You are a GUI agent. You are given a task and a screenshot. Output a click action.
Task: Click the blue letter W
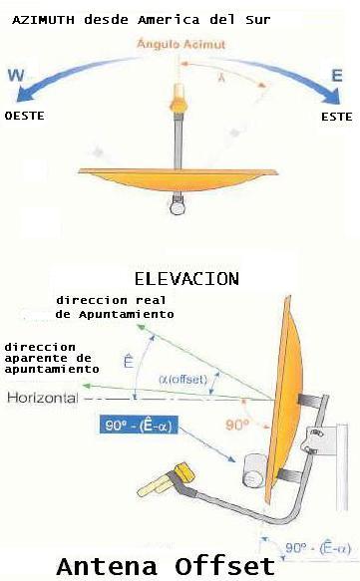(x=17, y=74)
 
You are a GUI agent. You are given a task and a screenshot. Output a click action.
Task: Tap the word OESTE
(x=26, y=116)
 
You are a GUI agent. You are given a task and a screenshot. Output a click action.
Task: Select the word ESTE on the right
(x=336, y=117)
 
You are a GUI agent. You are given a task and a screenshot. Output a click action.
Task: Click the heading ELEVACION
(x=185, y=278)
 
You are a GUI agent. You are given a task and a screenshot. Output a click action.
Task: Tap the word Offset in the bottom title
(x=220, y=565)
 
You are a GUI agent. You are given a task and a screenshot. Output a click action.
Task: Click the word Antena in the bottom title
(x=103, y=565)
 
